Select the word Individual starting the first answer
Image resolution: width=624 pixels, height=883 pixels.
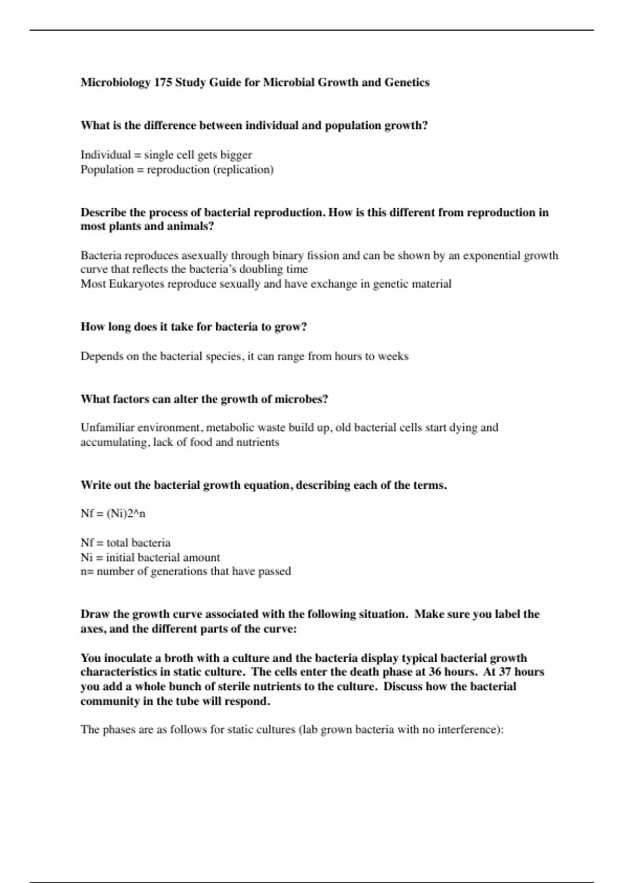(x=106, y=155)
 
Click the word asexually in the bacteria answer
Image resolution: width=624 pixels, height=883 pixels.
(x=204, y=256)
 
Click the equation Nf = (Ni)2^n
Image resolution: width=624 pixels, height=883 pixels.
(x=113, y=514)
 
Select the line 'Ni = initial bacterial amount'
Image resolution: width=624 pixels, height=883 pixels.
(x=150, y=557)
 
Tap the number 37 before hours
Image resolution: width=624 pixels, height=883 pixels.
(x=505, y=672)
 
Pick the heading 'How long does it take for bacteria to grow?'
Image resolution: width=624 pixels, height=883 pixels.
(x=193, y=327)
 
